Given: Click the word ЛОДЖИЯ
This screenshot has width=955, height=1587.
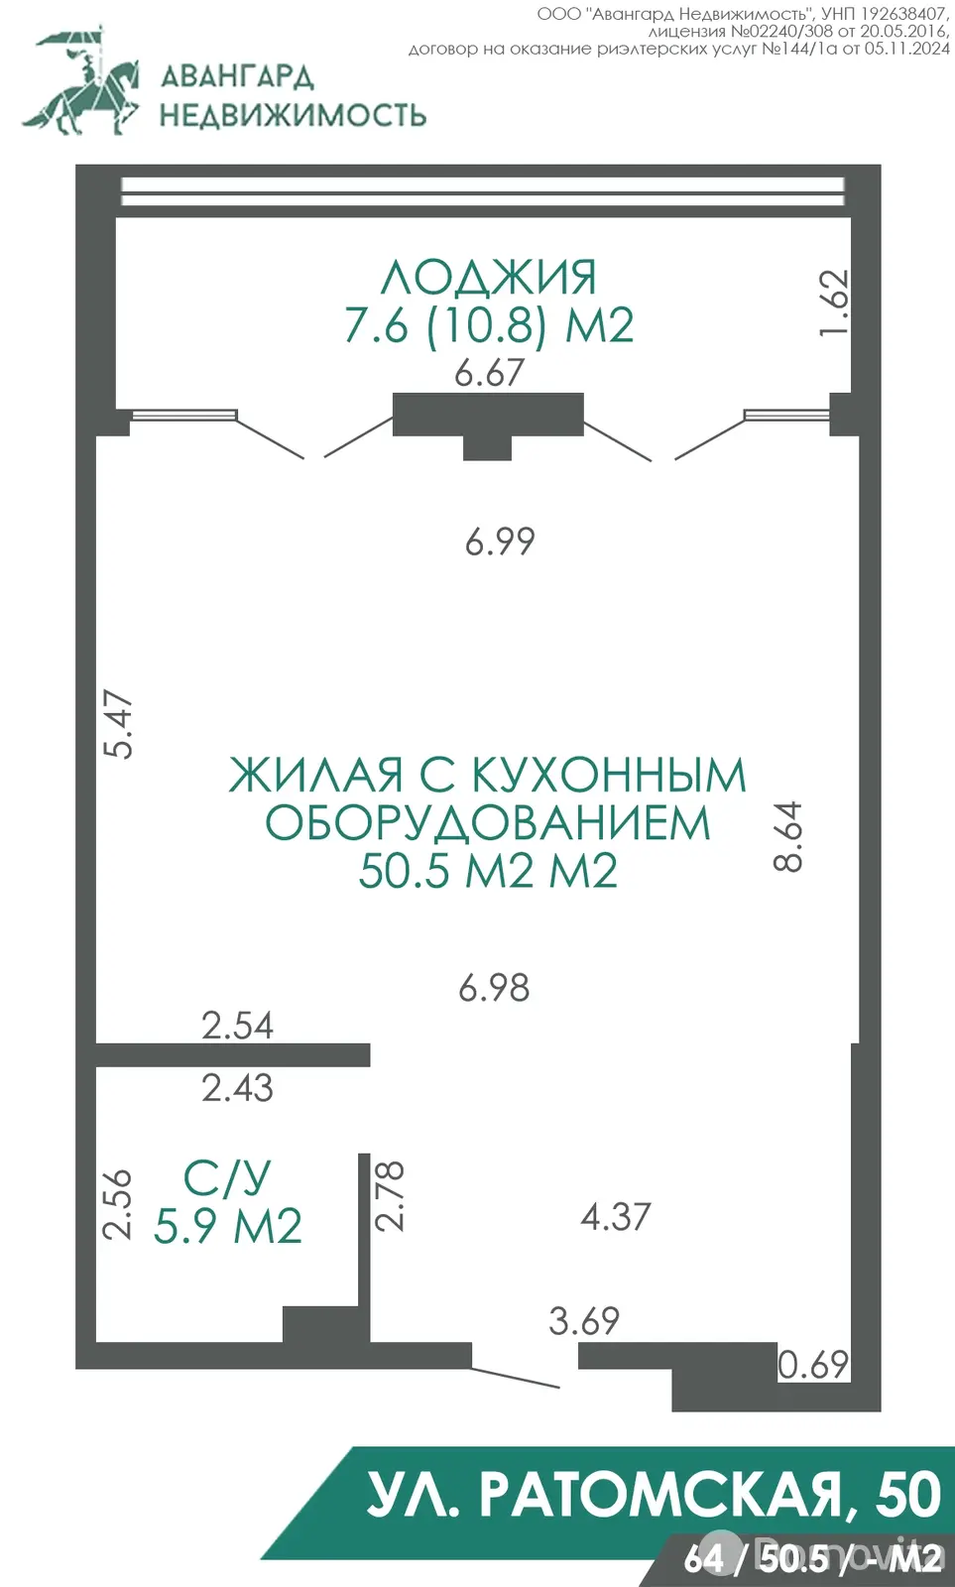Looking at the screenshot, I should pos(489,278).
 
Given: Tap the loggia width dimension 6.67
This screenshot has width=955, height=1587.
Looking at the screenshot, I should pos(489,373).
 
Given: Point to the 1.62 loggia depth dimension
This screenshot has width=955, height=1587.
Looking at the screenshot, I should pos(835,303).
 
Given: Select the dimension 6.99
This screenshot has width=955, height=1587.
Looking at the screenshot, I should pos(500,542).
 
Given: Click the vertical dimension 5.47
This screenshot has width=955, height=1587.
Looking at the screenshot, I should pos(119,724).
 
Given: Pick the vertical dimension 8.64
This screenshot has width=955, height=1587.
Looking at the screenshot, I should pos(788,836).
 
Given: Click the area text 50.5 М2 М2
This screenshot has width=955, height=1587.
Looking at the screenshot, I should pos(488,871).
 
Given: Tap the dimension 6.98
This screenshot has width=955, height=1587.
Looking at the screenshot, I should pos(494,988).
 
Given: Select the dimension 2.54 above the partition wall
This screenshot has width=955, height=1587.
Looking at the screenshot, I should pos(237,1026).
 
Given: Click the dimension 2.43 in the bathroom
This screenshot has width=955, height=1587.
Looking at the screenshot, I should pos(237,1088).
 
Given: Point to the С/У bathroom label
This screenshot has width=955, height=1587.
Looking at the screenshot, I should pos(227,1178).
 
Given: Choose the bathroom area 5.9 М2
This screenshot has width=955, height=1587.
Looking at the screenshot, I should pos(228,1227).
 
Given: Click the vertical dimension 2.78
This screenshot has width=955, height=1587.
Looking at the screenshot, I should pos(391,1195).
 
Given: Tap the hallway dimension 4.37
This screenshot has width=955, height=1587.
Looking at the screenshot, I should pos(616,1217).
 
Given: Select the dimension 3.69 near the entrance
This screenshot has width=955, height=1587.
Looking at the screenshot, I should pos(584,1321).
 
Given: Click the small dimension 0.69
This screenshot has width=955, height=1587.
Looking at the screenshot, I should pos(813,1365).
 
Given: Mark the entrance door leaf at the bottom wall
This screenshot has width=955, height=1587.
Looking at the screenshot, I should pos(516,1378).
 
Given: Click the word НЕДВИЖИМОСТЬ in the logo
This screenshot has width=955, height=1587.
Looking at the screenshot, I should pos(293,115).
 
